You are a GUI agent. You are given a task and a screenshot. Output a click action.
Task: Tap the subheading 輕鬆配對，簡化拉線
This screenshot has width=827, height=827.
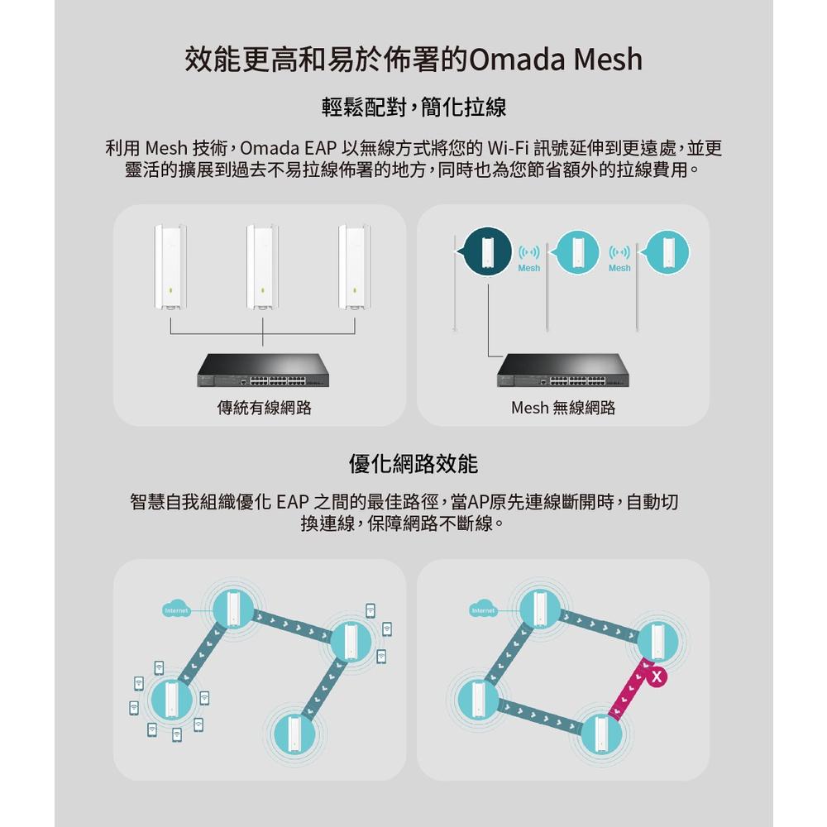(413, 108)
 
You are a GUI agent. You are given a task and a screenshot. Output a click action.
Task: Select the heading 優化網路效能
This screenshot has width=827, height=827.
(413, 463)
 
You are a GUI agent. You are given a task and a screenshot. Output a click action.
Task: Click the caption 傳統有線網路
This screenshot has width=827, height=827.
(264, 408)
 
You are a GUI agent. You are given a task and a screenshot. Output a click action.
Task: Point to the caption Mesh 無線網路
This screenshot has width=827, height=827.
(563, 408)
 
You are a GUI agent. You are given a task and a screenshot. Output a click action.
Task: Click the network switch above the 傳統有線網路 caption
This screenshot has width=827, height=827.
(263, 370)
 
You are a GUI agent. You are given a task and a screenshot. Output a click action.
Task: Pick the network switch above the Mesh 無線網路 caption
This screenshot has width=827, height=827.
(563, 370)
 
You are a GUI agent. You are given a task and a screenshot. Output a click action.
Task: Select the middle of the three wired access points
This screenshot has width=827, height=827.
(263, 266)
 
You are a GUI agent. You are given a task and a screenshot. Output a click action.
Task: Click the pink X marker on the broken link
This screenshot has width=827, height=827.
(657, 677)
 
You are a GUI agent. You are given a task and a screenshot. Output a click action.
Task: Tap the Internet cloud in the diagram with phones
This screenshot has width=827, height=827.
(177, 610)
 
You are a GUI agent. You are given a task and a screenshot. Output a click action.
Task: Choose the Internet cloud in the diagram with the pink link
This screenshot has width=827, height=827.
(483, 610)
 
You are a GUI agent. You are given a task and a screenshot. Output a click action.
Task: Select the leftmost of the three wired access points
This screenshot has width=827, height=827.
(170, 266)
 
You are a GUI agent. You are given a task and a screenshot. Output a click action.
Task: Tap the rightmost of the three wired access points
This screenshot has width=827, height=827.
(355, 266)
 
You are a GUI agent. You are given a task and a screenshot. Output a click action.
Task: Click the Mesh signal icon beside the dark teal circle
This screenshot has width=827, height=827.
(529, 256)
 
